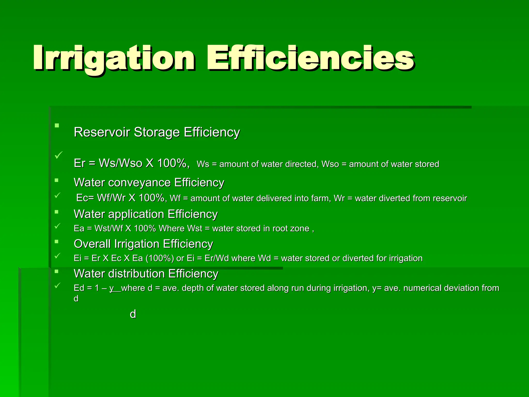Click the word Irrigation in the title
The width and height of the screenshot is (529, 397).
pyautogui.click(x=114, y=58)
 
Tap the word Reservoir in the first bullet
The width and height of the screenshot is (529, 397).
pyautogui.click(x=102, y=132)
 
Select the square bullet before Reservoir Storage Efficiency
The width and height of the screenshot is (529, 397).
pyautogui.click(x=57, y=126)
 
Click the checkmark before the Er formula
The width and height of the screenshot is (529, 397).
pyautogui.click(x=58, y=155)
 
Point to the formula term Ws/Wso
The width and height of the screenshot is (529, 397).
pyautogui.click(x=121, y=163)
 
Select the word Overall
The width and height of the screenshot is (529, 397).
pyautogui.click(x=92, y=244)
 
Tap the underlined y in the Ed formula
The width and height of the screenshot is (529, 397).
pyautogui.click(x=112, y=288)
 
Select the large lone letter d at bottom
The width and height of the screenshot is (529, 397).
pyautogui.click(x=133, y=314)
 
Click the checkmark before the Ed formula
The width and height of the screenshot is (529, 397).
pyautogui.click(x=57, y=285)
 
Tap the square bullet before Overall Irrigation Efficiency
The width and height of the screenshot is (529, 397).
pyautogui.click(x=57, y=242)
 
